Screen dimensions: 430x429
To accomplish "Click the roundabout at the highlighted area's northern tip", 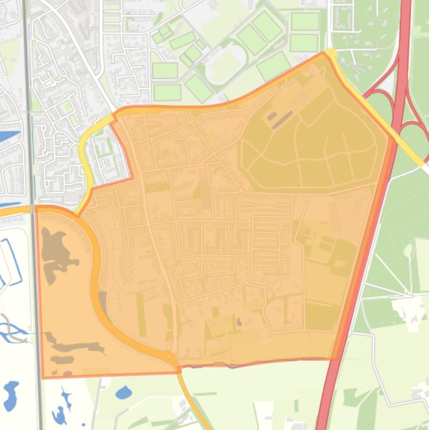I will click(331, 53).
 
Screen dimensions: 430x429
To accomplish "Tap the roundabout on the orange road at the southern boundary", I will click(169, 355).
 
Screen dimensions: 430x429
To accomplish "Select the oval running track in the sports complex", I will click(226, 65).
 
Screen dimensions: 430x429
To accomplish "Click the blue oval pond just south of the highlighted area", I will click(123, 393).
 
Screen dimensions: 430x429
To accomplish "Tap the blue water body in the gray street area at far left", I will click(9, 136).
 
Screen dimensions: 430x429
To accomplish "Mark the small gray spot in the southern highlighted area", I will click(239, 322).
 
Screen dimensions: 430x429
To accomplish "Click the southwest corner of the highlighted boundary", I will click(43, 378).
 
